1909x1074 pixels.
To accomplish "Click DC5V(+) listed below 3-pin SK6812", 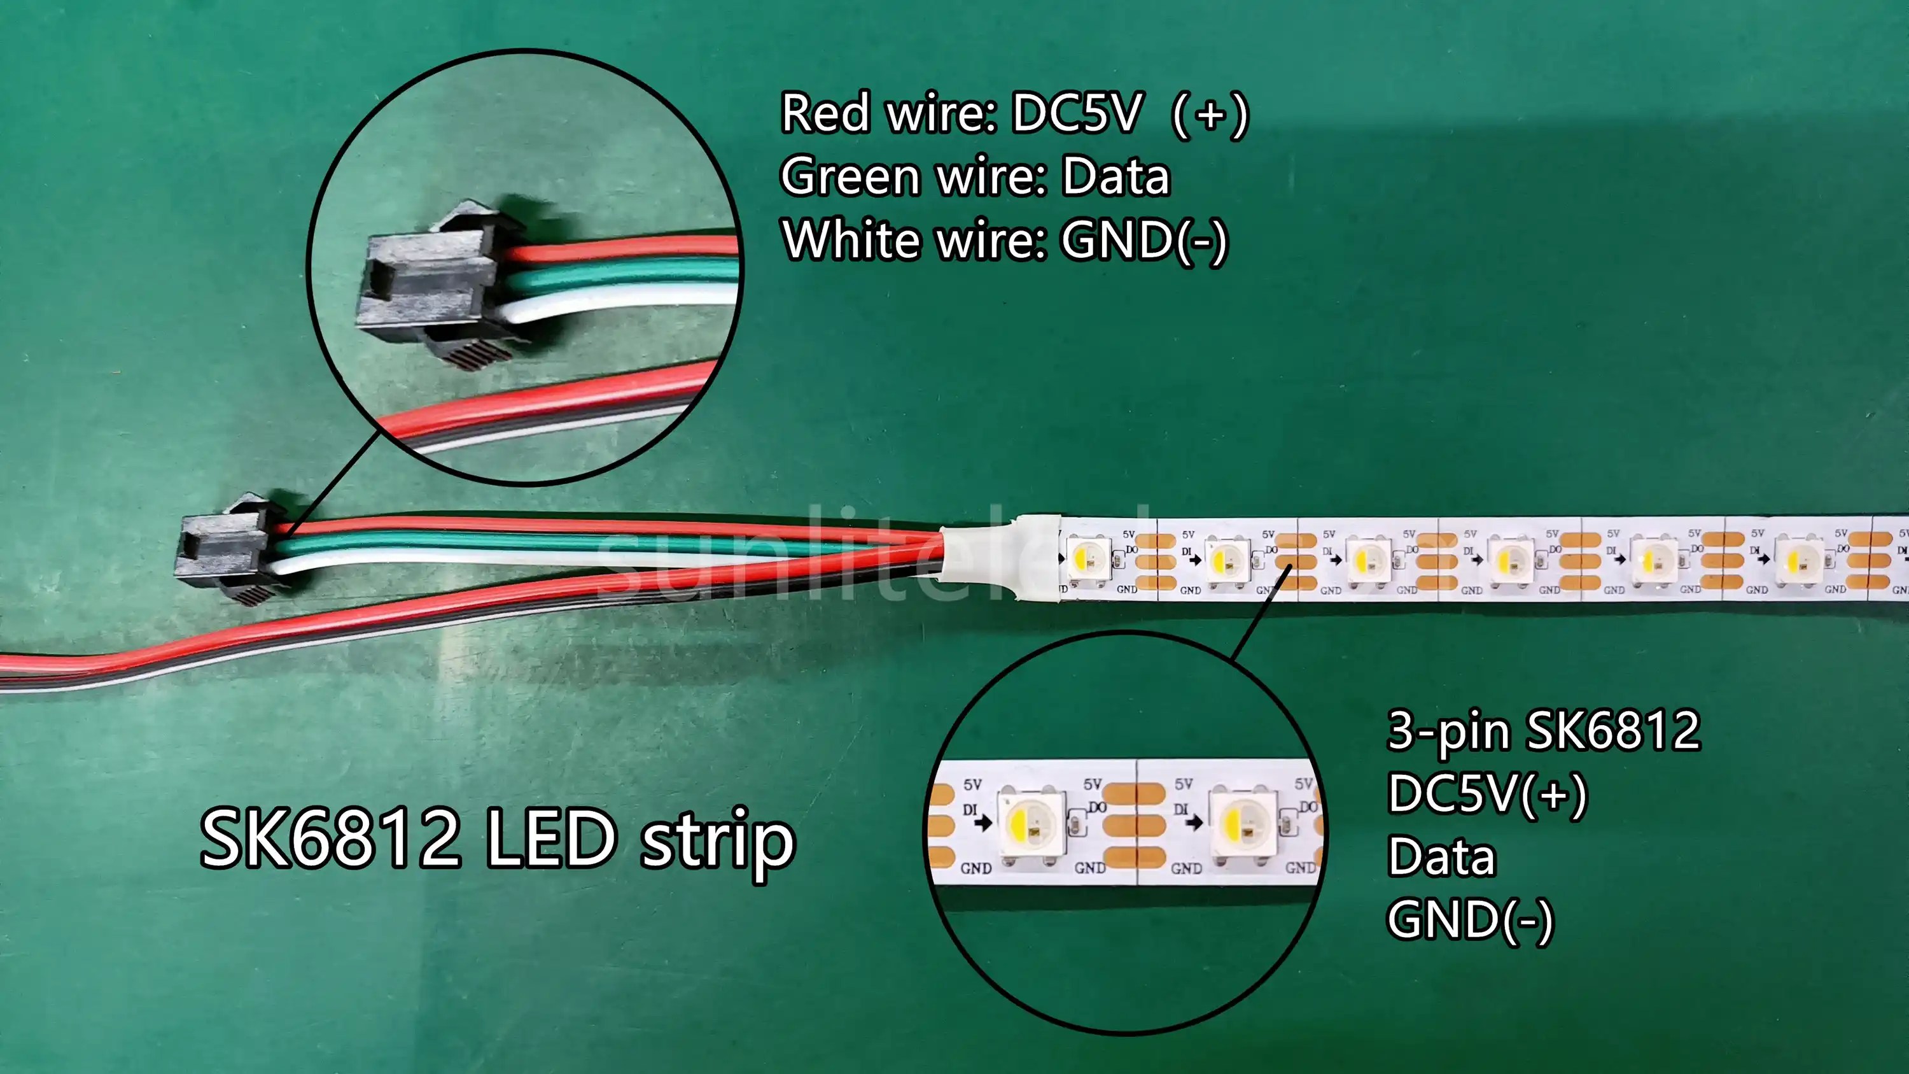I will click(x=1486, y=794).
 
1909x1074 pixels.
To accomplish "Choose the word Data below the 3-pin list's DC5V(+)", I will click(x=1441, y=857).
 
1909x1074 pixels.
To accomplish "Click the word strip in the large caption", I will click(x=717, y=840).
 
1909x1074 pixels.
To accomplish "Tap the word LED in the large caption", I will click(x=551, y=839).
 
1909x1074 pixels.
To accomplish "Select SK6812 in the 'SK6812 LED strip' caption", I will click(x=330, y=839).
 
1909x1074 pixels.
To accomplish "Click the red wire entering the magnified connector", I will click(x=622, y=250).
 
